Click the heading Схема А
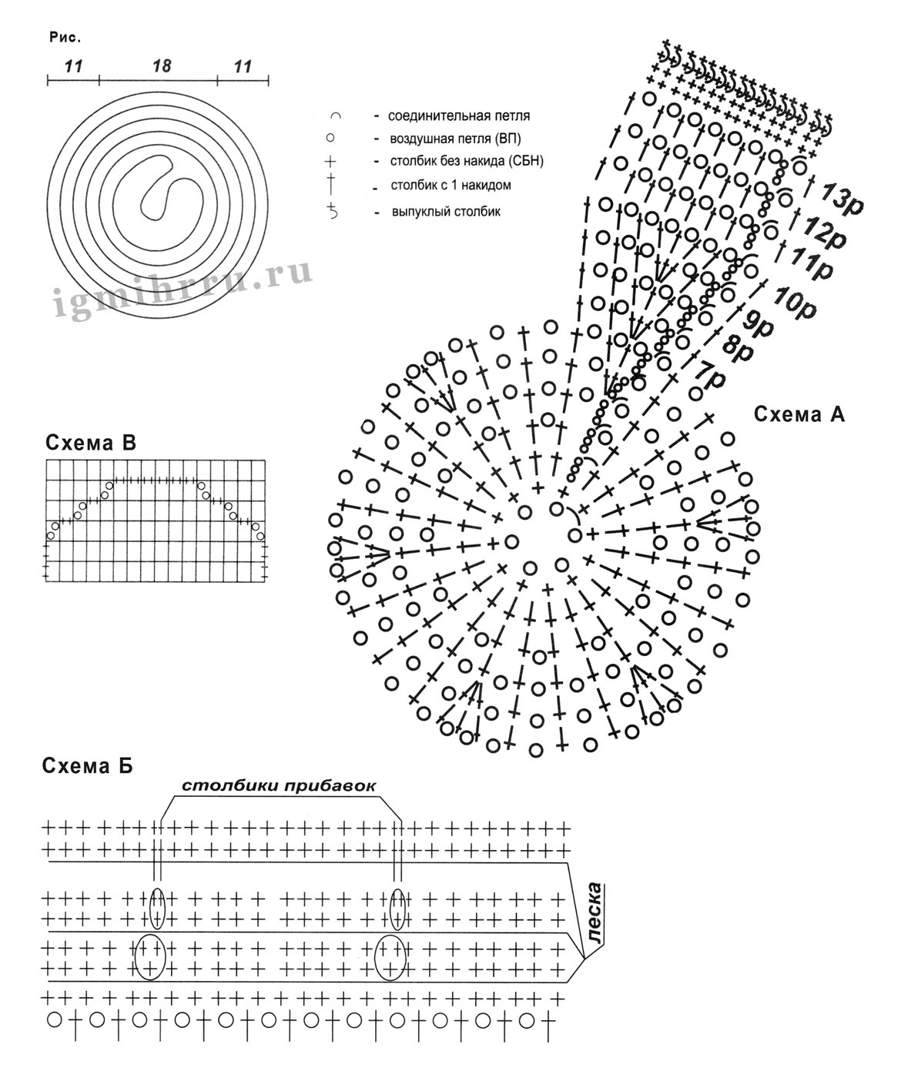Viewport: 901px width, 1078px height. tap(799, 414)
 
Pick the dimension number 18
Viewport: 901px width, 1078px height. tap(162, 66)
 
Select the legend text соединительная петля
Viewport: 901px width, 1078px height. tap(459, 116)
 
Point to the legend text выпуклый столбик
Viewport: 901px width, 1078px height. tap(446, 211)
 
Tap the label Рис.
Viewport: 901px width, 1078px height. tap(65, 36)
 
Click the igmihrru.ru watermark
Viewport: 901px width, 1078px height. tap(183, 290)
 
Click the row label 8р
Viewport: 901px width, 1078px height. tap(737, 350)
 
